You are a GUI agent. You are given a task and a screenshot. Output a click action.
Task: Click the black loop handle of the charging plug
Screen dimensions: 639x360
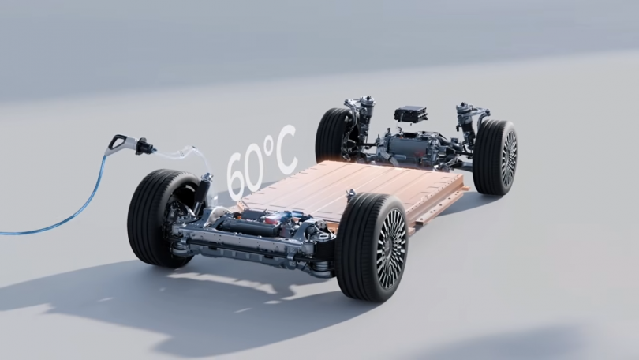point(117,142)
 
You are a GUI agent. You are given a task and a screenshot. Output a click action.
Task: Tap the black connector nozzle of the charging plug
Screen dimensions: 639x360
point(144,146)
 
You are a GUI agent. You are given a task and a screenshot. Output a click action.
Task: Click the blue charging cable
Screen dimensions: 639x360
point(65,204)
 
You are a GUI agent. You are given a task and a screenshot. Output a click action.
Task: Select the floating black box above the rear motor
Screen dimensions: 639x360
point(410,113)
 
